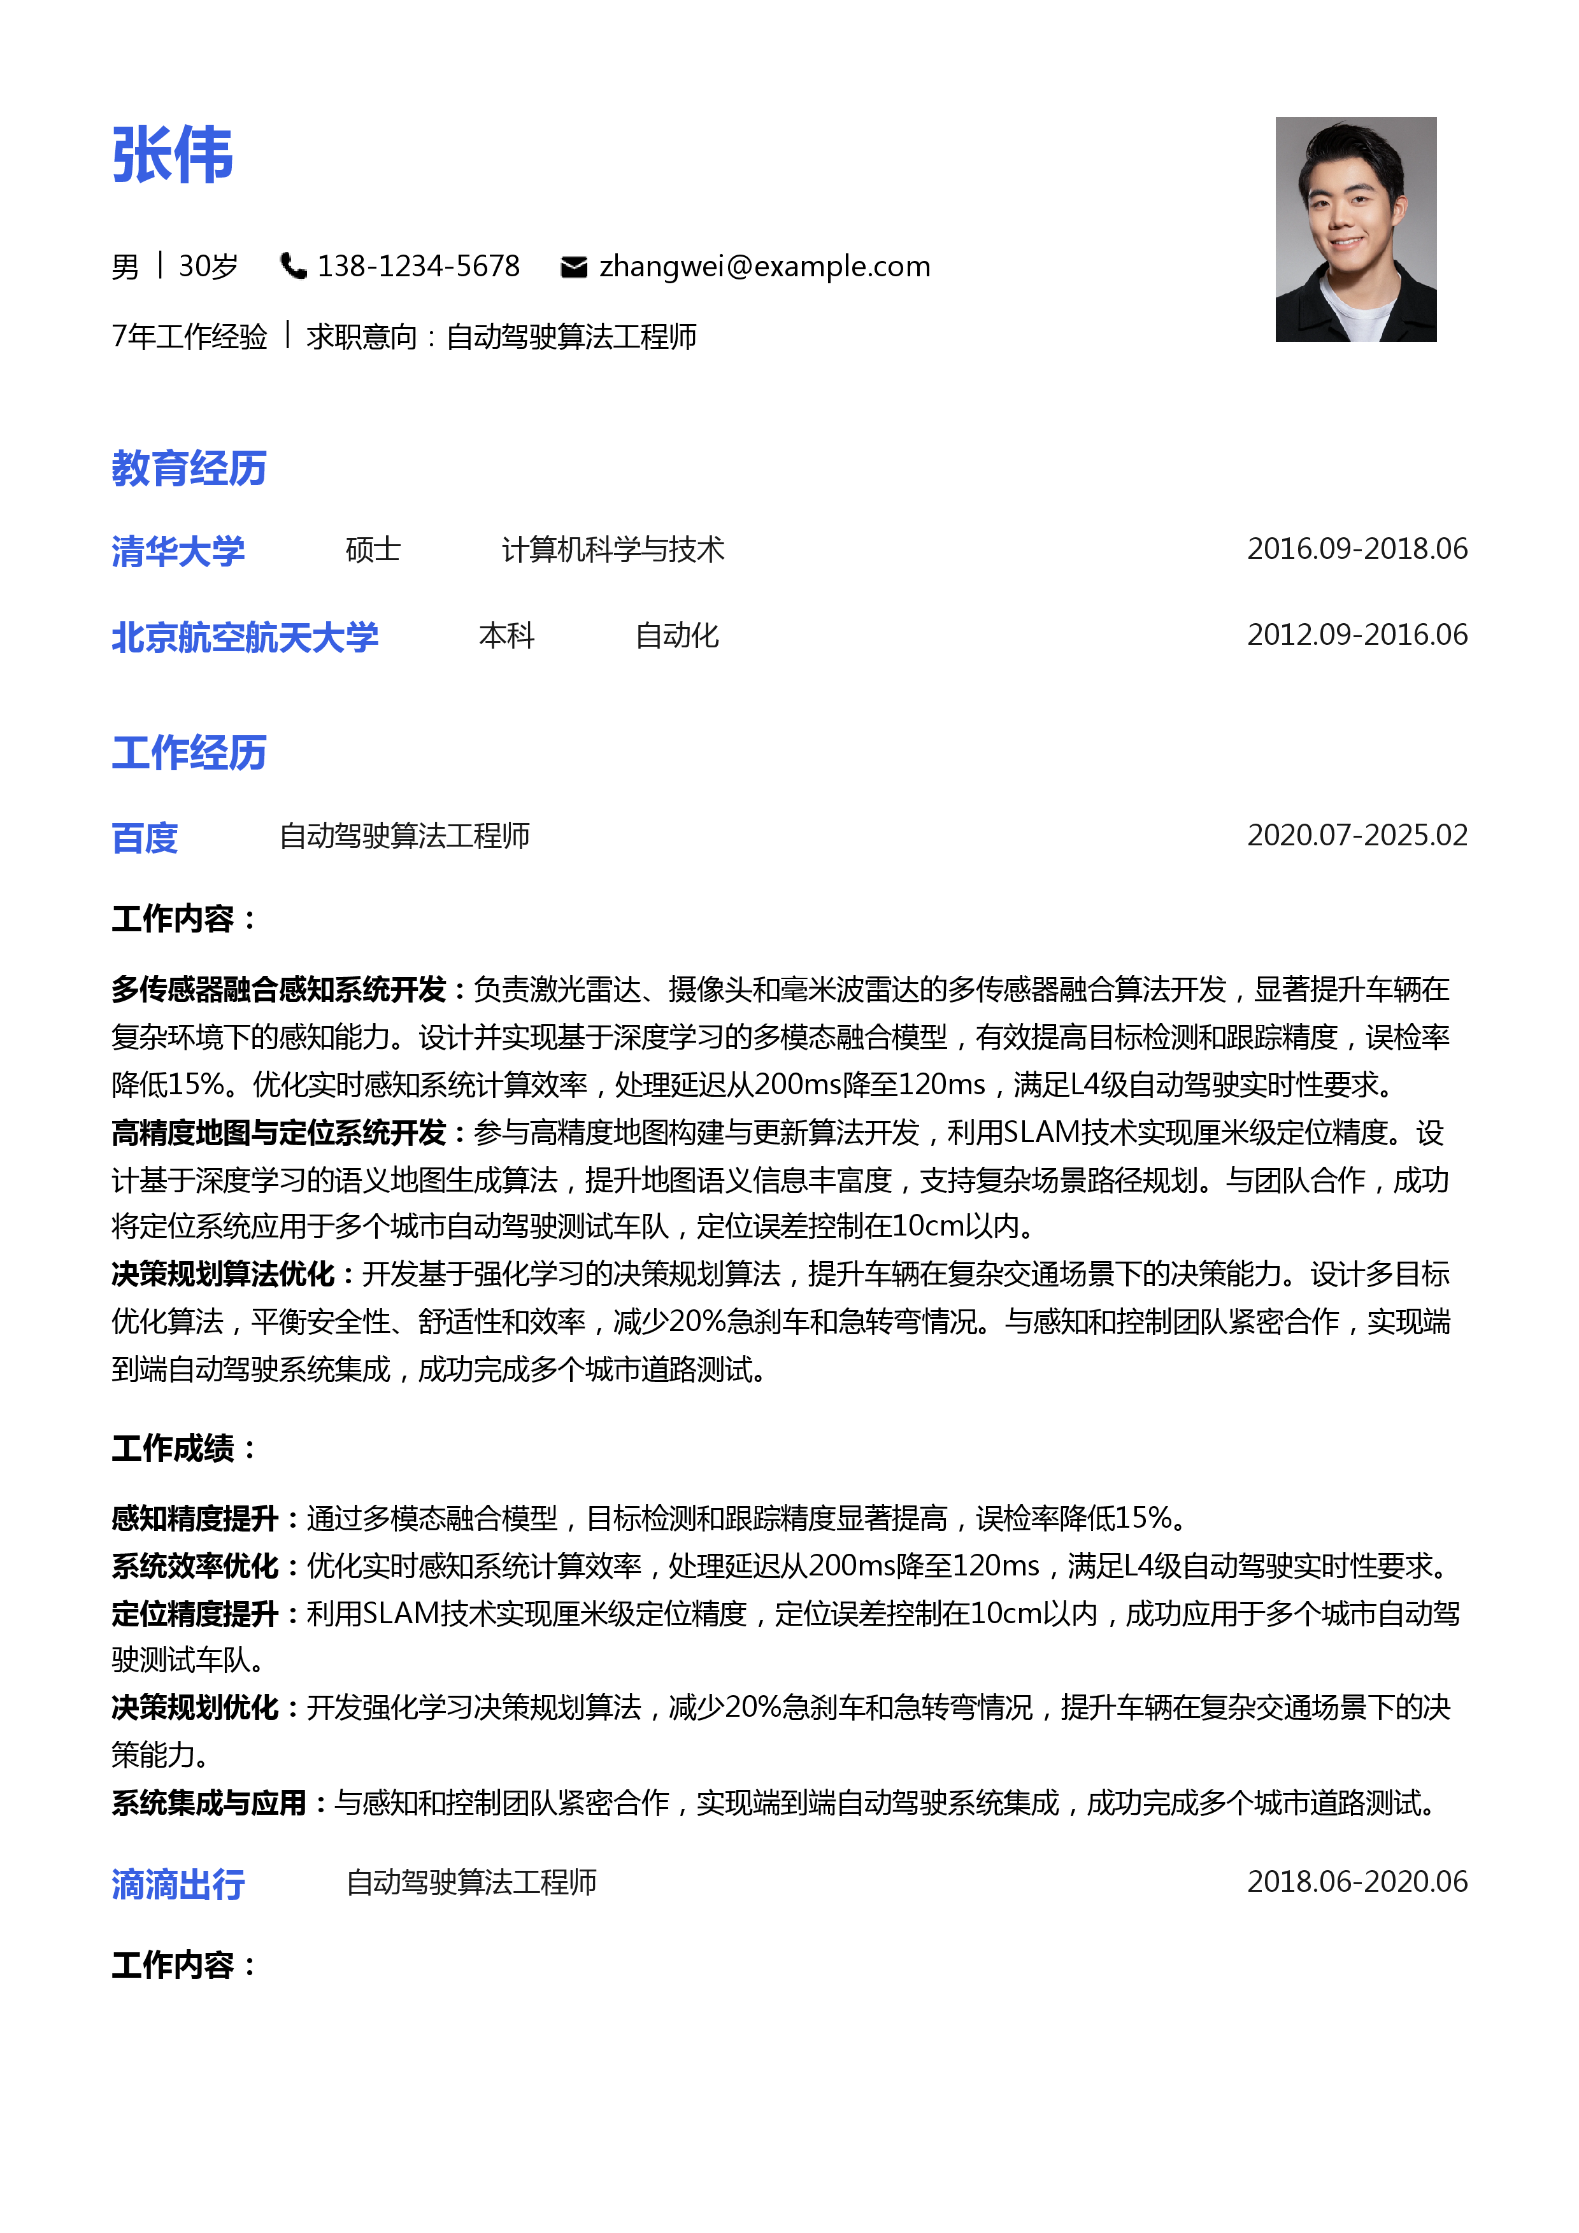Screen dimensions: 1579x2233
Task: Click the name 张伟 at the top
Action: tap(173, 155)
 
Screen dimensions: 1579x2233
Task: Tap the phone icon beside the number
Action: tap(292, 265)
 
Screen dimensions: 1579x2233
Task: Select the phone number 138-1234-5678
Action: tap(418, 265)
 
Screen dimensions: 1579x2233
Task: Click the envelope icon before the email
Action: tap(574, 267)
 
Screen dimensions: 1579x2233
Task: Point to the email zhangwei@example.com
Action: tap(765, 265)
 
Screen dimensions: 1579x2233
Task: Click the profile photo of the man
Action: tap(1355, 230)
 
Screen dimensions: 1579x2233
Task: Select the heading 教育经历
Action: tap(189, 468)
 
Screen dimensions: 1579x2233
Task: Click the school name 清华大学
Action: tap(178, 551)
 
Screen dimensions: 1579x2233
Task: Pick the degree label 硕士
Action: tap(373, 549)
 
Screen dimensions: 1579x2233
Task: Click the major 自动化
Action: tap(676, 635)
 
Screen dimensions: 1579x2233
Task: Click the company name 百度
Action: tap(145, 836)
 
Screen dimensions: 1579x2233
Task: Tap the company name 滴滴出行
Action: tap(178, 1884)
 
